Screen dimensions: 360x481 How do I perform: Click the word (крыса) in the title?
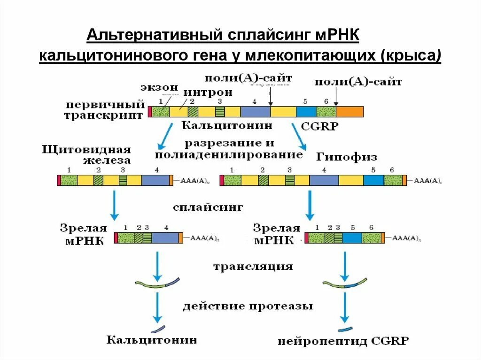pyautogui.click(x=413, y=56)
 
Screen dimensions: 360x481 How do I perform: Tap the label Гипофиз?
pyautogui.click(x=347, y=156)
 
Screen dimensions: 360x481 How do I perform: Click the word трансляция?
pyautogui.click(x=253, y=267)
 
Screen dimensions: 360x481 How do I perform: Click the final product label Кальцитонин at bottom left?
pyautogui.click(x=151, y=339)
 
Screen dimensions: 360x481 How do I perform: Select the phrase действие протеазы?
pyautogui.click(x=248, y=306)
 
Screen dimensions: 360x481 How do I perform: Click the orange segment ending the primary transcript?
pyautogui.click(x=349, y=112)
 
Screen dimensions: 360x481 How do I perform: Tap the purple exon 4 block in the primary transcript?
pyautogui.click(x=255, y=112)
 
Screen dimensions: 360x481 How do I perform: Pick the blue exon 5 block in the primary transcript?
pyautogui.click(x=306, y=112)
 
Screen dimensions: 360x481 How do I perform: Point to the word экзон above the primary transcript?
pyautogui.click(x=159, y=88)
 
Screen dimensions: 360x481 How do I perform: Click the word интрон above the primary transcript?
pyautogui.click(x=208, y=92)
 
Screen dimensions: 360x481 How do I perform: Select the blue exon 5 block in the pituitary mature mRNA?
pyautogui.click(x=352, y=237)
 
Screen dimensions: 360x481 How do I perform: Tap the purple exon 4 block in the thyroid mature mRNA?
pyautogui.click(x=165, y=237)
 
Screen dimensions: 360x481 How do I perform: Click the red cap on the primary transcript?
pyautogui.click(x=150, y=112)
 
